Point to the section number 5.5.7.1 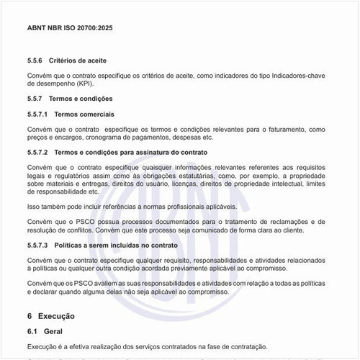tap(37, 114)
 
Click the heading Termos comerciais tap(84, 114)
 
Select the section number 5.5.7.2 tap(37, 153)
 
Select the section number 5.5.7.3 tap(37, 246)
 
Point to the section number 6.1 tap(32, 330)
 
